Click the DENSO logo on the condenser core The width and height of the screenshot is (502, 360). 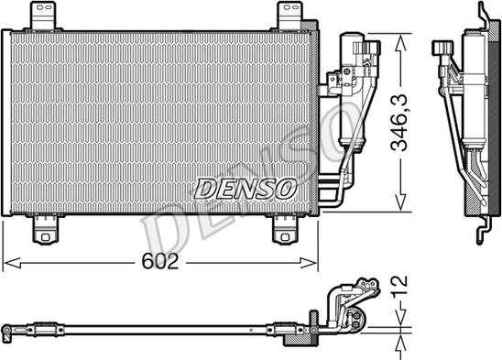click(245, 189)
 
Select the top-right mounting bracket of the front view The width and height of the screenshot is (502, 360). click(287, 15)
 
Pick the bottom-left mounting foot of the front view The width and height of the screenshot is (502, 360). click(43, 231)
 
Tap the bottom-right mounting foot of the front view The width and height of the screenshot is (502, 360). click(287, 231)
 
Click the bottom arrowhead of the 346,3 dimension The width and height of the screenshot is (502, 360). click(398, 206)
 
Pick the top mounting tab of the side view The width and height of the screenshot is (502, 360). click(482, 15)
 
